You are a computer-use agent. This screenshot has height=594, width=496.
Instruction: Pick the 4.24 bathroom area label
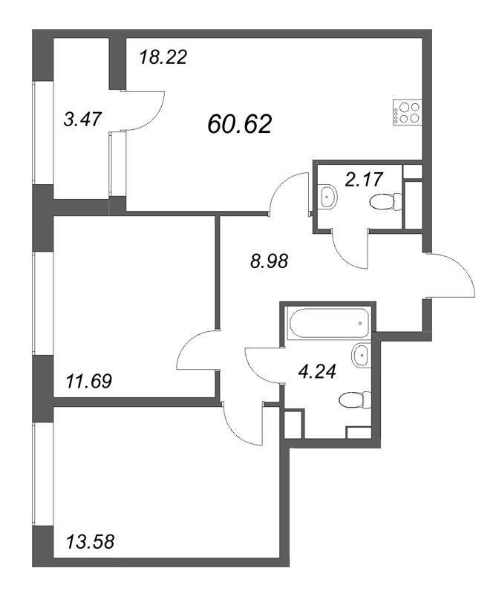coord(315,372)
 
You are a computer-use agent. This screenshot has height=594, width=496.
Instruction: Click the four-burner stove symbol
coord(405,111)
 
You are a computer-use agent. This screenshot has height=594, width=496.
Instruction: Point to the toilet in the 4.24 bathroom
coord(350,402)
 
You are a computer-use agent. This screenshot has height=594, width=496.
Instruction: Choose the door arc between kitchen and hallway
coord(288,193)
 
